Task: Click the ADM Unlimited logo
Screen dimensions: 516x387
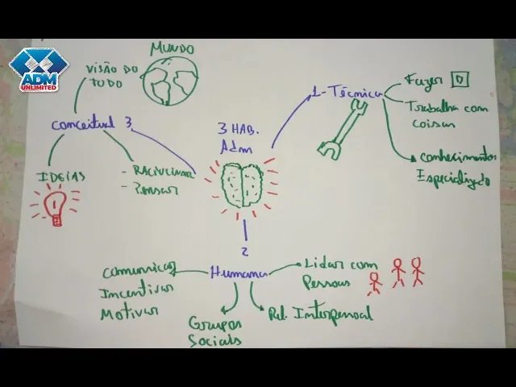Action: (x=39, y=71)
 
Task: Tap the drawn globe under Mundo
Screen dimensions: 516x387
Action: (x=168, y=78)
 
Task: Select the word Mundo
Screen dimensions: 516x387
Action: (x=172, y=48)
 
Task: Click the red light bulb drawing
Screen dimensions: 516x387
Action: (x=55, y=206)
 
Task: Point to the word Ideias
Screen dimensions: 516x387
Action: (x=60, y=177)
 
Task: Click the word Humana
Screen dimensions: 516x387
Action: (x=239, y=273)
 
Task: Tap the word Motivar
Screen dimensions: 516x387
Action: (x=129, y=311)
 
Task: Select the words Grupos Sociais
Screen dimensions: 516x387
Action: (x=215, y=331)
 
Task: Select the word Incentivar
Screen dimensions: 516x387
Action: (x=136, y=290)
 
